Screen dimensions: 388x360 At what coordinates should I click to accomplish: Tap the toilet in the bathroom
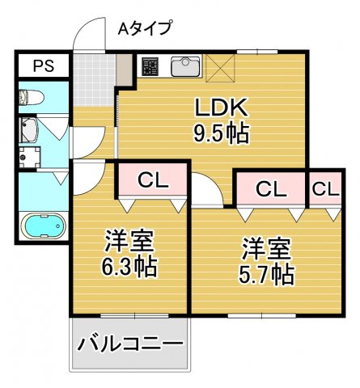(32, 98)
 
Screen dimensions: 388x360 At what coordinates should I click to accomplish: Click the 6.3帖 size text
(129, 264)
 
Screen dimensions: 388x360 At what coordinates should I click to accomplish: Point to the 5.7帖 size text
(265, 274)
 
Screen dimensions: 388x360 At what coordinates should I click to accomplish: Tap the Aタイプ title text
(145, 29)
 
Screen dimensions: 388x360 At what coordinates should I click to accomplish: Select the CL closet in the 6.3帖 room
(153, 180)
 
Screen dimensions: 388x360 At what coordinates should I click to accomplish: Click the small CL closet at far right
(325, 189)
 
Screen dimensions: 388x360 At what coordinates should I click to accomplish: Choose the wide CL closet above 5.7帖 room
(271, 189)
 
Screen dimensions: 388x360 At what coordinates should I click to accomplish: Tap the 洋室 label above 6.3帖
(129, 240)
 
